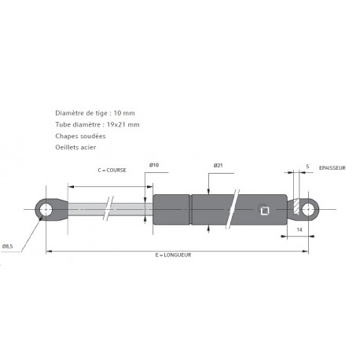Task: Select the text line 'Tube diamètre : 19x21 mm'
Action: tap(97, 125)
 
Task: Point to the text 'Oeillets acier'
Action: tap(78, 147)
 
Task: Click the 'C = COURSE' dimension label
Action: tap(111, 171)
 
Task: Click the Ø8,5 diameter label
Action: tap(9, 247)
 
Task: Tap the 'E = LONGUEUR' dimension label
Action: tap(174, 255)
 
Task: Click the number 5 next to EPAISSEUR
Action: tap(307, 167)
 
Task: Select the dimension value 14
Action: tap(300, 229)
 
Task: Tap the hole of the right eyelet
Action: tap(309, 209)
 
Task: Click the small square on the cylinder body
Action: tap(263, 210)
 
